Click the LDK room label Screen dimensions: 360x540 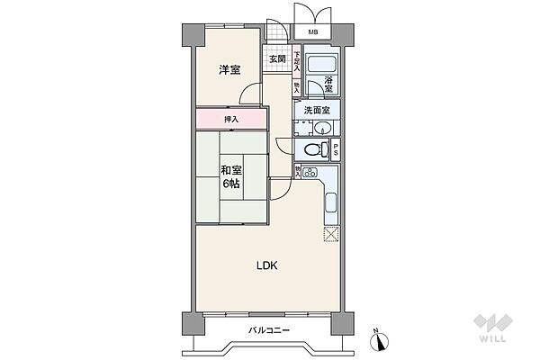tap(267, 265)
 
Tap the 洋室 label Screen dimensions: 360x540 tap(229, 68)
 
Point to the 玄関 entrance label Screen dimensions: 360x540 tap(276, 60)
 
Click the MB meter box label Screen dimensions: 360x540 tap(312, 33)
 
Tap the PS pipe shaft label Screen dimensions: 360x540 tap(336, 150)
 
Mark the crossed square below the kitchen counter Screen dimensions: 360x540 tap(330, 235)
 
